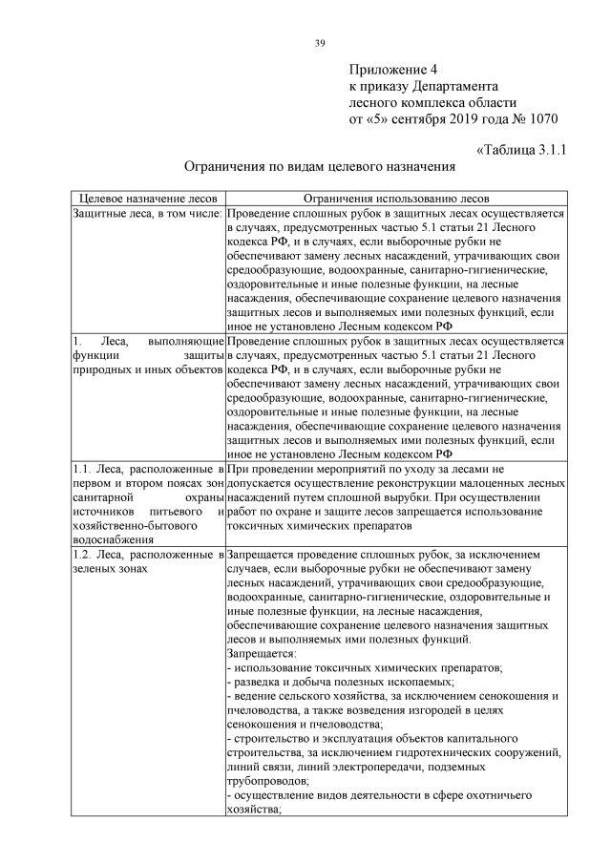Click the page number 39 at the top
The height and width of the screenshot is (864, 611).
click(321, 42)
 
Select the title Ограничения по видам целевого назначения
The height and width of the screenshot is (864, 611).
click(319, 166)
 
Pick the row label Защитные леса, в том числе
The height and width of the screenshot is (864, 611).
click(147, 214)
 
